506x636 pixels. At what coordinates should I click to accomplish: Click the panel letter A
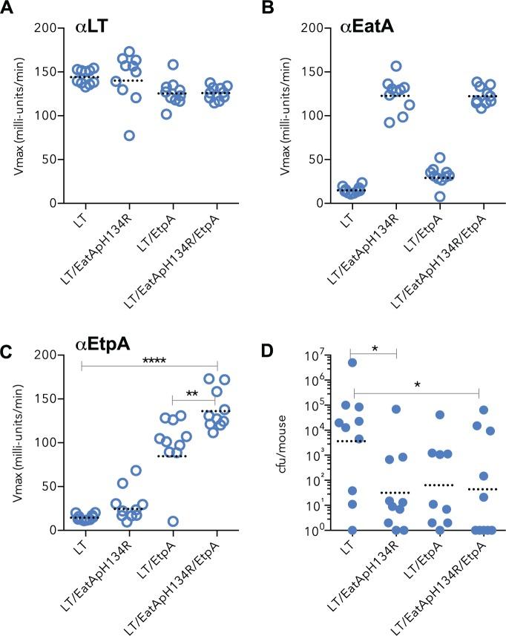tap(8, 8)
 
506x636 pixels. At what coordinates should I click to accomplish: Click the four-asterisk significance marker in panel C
tap(148, 361)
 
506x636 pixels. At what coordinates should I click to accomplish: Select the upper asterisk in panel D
tap(373, 347)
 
